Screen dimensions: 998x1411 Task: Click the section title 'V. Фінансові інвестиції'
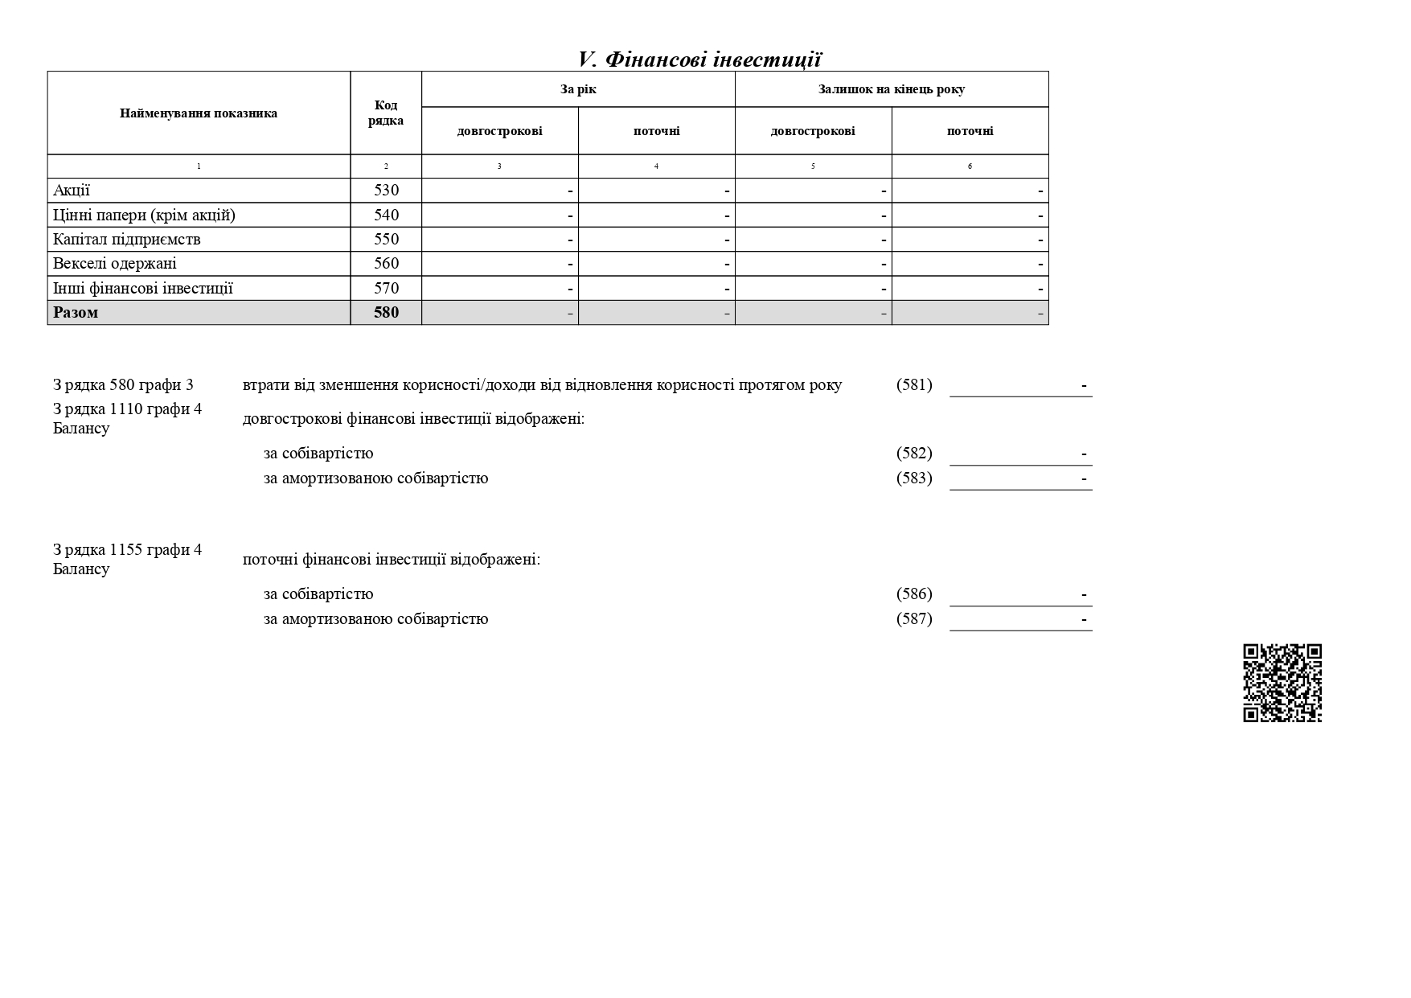(699, 60)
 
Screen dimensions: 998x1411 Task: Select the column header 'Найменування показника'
(199, 113)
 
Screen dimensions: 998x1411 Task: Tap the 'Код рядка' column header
(386, 113)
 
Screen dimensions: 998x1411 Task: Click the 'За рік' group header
(578, 89)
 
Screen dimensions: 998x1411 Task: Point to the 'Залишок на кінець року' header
(891, 89)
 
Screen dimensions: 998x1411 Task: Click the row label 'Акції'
(72, 191)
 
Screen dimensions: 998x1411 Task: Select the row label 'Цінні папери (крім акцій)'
(144, 216)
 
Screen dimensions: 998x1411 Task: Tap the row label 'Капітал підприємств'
(126, 240)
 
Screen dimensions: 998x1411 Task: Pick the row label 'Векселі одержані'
(114, 264)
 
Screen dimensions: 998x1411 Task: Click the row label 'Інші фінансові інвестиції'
(142, 289)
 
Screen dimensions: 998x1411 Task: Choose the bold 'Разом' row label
(76, 313)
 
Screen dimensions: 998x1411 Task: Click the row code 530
(386, 191)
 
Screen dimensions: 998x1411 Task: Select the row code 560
(386, 264)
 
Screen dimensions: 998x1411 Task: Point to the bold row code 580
(386, 313)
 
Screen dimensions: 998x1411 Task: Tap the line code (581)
(914, 385)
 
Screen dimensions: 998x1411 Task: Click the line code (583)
(914, 478)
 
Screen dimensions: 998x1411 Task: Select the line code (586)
(914, 594)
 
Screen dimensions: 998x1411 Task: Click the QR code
(1282, 683)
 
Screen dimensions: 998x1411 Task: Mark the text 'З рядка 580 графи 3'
(123, 385)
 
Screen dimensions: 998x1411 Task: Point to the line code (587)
(914, 619)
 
